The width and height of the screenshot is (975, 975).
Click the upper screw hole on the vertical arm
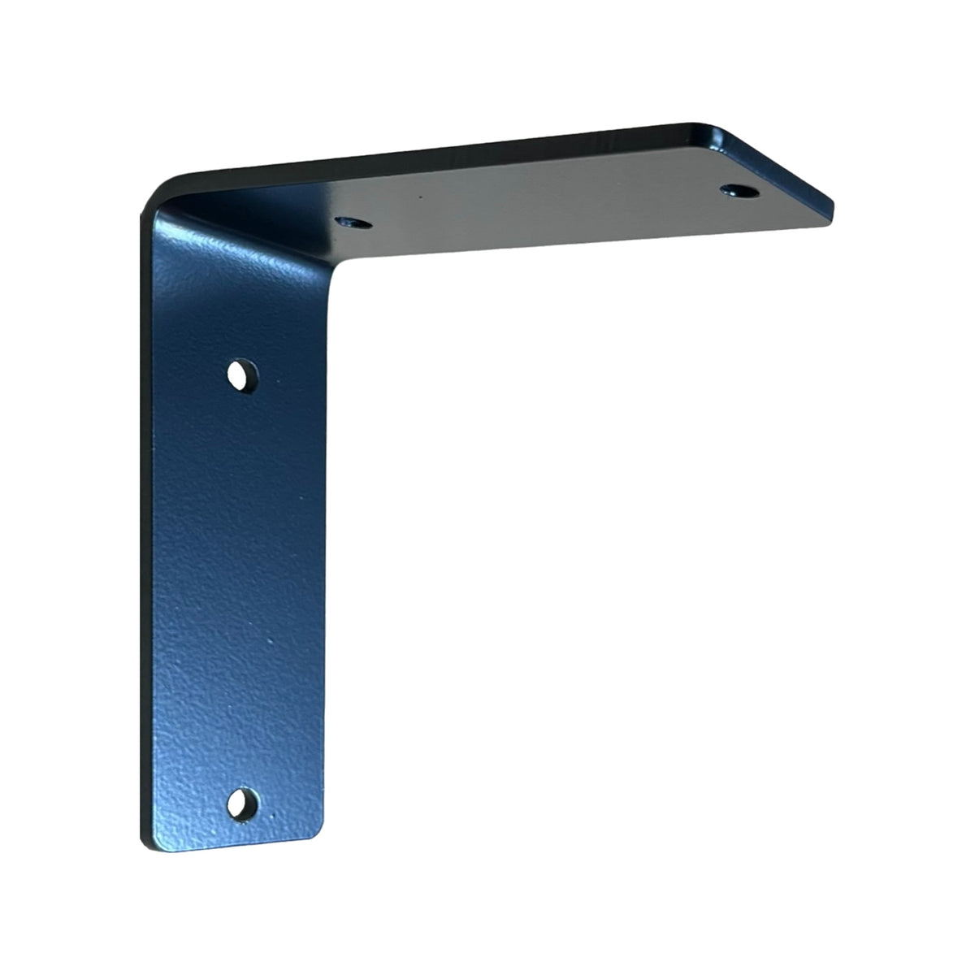(240, 375)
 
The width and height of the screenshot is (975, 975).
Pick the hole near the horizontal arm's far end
(738, 191)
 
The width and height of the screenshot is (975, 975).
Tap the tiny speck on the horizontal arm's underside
(419, 197)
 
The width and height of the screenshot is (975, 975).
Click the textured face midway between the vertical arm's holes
(240, 589)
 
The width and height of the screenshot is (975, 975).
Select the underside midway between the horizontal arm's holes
(544, 206)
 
